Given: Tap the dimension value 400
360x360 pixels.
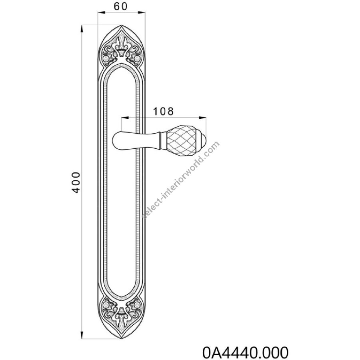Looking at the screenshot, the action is tap(75, 182).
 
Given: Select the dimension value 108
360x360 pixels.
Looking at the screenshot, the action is tap(163, 111).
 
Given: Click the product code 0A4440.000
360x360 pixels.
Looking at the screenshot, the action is tap(245, 352).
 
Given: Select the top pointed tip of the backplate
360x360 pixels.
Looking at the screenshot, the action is tap(122, 25).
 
